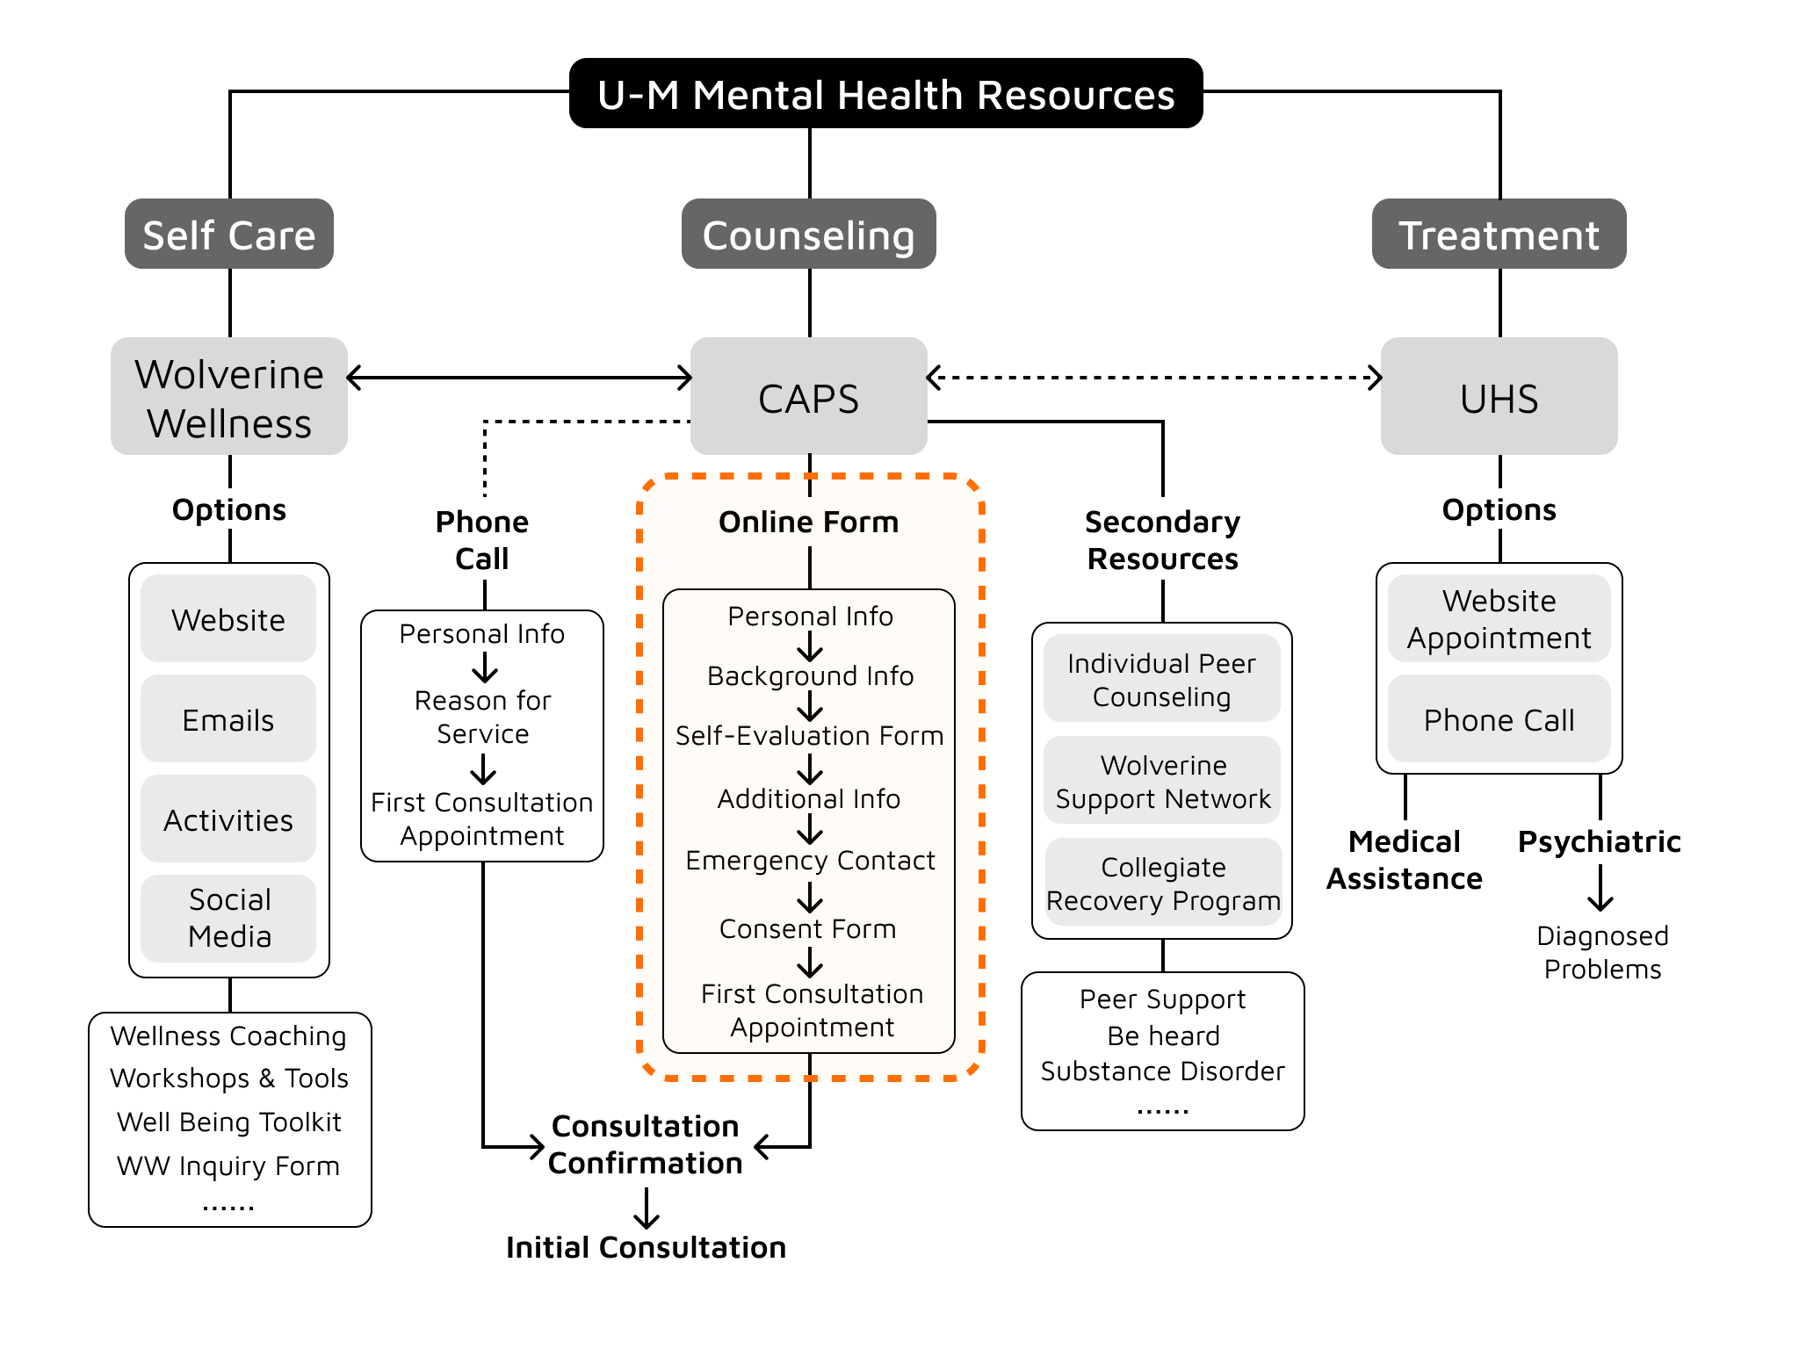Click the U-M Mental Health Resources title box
click(x=885, y=94)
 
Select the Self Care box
click(x=229, y=234)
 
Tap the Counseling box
click(x=808, y=234)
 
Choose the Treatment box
click(x=1499, y=234)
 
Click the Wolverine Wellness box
click(x=229, y=397)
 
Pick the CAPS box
click(x=808, y=397)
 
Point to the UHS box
click(x=1499, y=397)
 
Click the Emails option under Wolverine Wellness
click(x=228, y=719)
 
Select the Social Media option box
click(x=228, y=918)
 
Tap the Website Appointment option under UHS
click(x=1499, y=619)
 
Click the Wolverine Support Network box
click(x=1162, y=781)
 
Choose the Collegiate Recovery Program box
click(x=1163, y=883)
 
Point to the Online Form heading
click(x=808, y=522)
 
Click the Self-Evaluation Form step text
click(x=809, y=735)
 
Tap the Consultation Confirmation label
click(x=646, y=1144)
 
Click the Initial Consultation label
click(x=646, y=1247)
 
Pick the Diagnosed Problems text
click(x=1602, y=952)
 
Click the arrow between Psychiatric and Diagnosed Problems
click(x=1600, y=888)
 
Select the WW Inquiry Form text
click(x=228, y=1165)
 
